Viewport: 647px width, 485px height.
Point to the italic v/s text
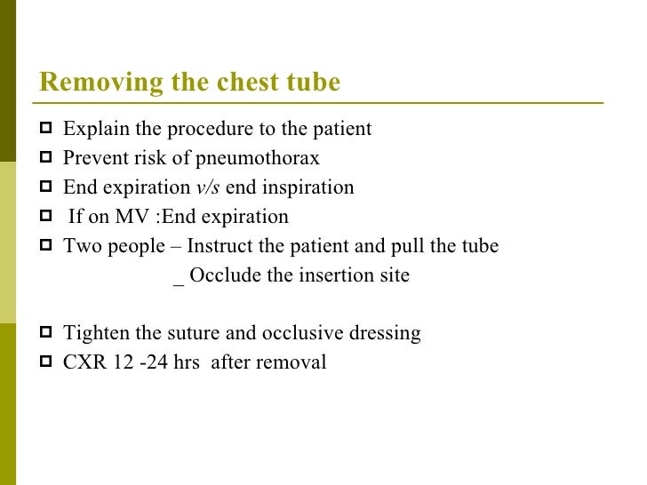(x=207, y=188)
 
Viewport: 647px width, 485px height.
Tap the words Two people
(x=114, y=247)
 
